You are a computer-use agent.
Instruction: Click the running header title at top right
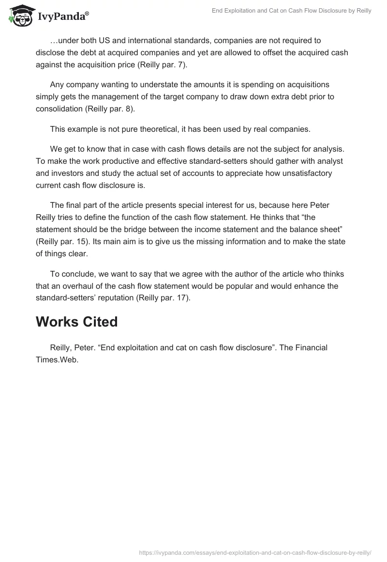point(291,11)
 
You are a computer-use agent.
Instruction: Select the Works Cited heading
point(76,322)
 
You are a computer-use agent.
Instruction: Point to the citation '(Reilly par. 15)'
point(61,241)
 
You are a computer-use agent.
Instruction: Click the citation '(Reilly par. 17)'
point(165,298)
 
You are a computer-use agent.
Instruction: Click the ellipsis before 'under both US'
point(53,40)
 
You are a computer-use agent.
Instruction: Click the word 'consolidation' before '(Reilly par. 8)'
point(60,109)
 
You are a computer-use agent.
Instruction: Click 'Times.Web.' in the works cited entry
point(57,360)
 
